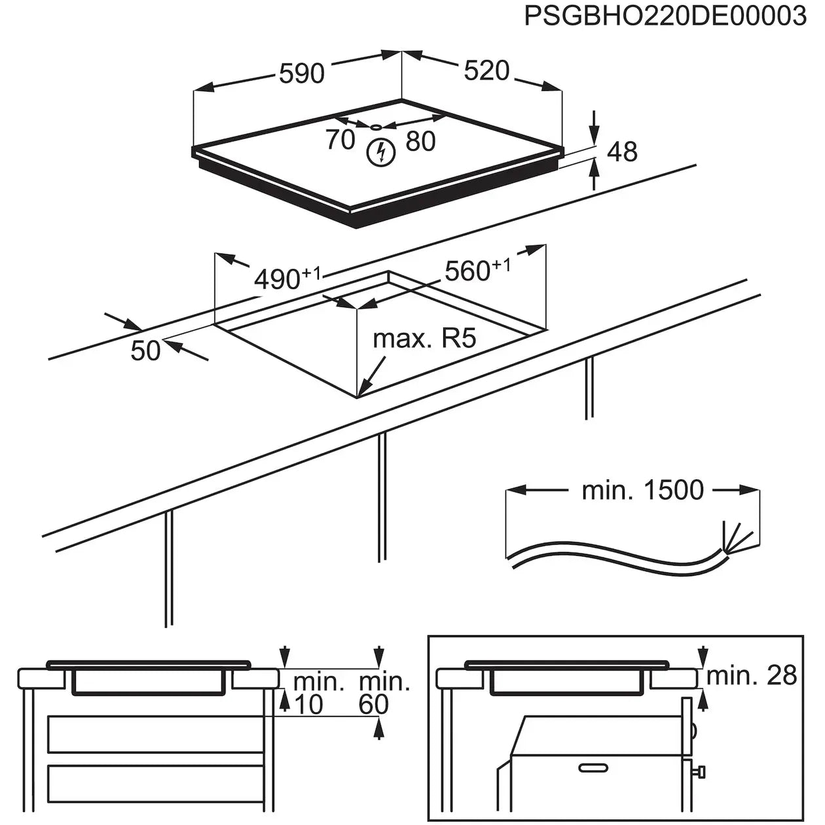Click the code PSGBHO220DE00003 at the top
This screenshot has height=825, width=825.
(665, 16)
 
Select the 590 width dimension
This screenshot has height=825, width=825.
(301, 73)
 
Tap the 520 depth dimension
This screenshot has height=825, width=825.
(486, 70)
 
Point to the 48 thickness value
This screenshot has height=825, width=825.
(622, 151)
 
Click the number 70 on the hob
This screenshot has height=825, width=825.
(340, 139)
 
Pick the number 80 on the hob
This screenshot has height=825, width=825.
(420, 141)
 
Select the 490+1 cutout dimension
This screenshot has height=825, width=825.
(286, 278)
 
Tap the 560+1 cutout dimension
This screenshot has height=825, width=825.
(477, 269)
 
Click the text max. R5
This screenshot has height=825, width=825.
(424, 339)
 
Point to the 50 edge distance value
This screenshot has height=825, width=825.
(145, 350)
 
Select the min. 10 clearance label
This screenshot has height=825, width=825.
(318, 693)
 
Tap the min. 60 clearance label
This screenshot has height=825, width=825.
(384, 693)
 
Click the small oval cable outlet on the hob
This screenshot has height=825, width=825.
(378, 126)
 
